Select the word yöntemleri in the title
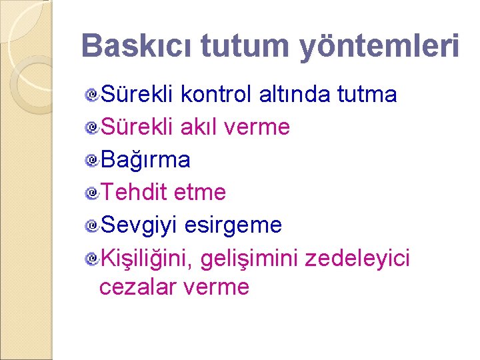(379, 45)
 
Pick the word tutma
(367, 95)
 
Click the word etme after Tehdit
(199, 193)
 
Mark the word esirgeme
(233, 225)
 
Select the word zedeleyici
(357, 258)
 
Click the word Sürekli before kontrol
(137, 95)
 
